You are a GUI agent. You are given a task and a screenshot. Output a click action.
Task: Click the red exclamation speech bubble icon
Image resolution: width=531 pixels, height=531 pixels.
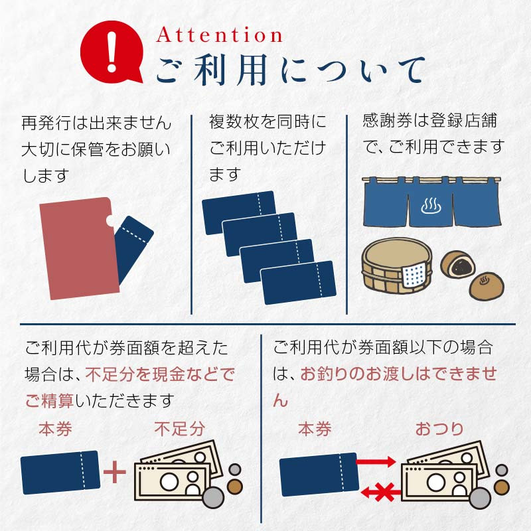[112, 52]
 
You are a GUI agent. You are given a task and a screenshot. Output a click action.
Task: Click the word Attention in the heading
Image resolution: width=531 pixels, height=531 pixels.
[219, 35]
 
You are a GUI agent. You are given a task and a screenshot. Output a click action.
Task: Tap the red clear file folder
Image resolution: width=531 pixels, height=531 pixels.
[80, 248]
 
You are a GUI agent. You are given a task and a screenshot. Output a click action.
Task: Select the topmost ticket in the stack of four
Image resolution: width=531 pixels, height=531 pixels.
[238, 212]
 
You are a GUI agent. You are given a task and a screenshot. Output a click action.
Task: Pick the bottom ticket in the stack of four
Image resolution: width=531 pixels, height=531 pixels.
[298, 283]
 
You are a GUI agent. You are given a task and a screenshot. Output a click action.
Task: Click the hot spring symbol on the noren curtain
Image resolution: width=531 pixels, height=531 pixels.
[431, 206]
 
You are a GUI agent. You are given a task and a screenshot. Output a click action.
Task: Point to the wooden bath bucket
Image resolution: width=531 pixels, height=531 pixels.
[397, 265]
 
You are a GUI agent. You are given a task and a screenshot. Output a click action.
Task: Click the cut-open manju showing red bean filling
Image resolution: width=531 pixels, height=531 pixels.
[457, 264]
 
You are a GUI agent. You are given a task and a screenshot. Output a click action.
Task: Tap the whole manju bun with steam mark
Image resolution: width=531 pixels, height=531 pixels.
[487, 286]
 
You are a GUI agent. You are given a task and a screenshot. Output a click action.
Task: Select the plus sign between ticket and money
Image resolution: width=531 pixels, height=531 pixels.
[114, 472]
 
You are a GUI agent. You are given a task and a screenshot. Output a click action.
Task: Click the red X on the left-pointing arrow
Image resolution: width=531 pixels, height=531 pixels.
[384, 492]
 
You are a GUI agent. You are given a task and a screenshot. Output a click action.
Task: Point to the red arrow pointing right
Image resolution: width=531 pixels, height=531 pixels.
[376, 461]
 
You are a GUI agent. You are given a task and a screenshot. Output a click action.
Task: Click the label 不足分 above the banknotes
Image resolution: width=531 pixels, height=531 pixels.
[180, 429]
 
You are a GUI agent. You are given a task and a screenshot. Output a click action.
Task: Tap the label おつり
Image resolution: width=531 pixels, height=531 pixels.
[439, 429]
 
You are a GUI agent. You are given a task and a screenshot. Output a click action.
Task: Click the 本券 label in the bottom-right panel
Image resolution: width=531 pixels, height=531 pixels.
[315, 429]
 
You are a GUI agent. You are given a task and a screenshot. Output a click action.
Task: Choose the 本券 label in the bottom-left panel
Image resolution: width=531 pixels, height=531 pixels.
[55, 429]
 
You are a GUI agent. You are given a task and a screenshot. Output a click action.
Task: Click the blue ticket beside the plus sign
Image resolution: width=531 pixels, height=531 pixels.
[60, 472]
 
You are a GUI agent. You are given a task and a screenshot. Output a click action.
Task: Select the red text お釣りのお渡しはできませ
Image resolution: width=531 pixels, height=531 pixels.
[399, 374]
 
